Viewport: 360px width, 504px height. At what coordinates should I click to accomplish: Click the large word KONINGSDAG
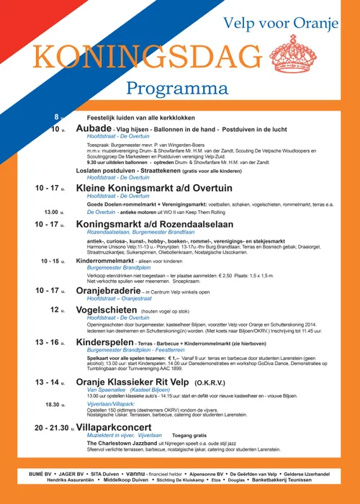point(148,57)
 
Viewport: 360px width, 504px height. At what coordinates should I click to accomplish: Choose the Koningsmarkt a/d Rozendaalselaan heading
point(150,224)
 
